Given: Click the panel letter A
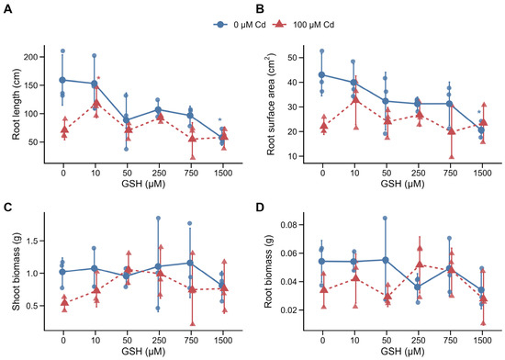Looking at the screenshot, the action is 7,9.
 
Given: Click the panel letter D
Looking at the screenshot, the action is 260,208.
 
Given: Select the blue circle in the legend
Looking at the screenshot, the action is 220,25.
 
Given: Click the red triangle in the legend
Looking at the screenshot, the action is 279,25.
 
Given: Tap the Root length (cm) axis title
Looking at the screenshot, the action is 17,105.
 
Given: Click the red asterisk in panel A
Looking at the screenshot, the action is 98,78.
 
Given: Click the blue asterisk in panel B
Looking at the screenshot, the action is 479,112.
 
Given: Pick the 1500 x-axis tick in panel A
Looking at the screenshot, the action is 222,173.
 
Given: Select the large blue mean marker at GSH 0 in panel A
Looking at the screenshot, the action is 63,80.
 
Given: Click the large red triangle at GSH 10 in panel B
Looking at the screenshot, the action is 355,99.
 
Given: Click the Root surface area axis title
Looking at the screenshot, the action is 271,104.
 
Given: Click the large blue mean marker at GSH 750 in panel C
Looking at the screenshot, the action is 190,263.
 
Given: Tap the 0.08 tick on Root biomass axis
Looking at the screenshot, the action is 288,225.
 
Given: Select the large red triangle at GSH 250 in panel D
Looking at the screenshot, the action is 420,264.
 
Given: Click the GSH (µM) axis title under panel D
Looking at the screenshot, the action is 402,350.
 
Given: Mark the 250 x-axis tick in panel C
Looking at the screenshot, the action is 159,340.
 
